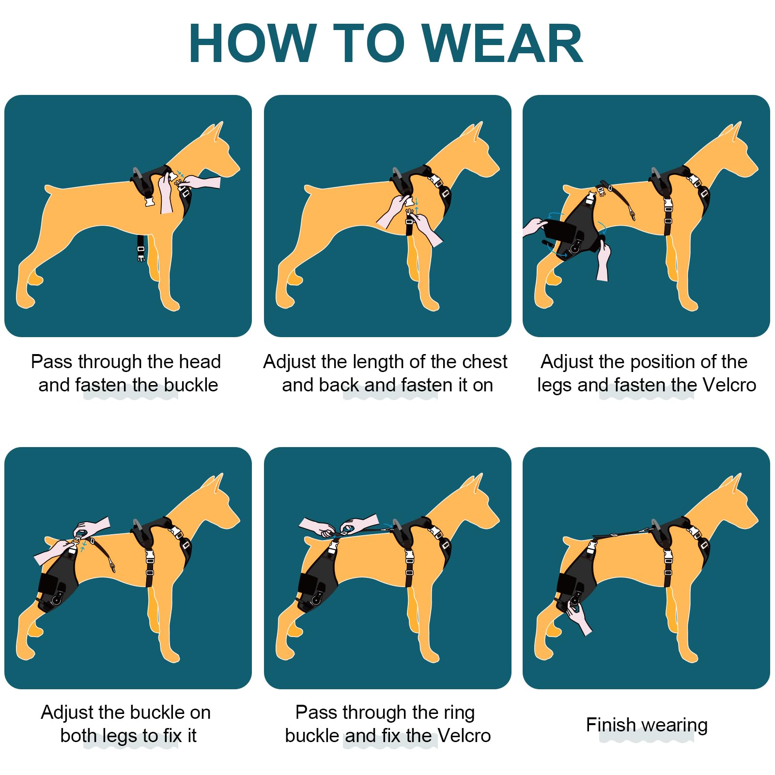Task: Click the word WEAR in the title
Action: [502, 44]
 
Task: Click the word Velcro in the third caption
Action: [729, 385]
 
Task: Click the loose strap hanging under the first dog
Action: [140, 248]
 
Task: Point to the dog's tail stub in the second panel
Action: [310, 190]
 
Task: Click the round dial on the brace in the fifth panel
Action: [316, 601]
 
